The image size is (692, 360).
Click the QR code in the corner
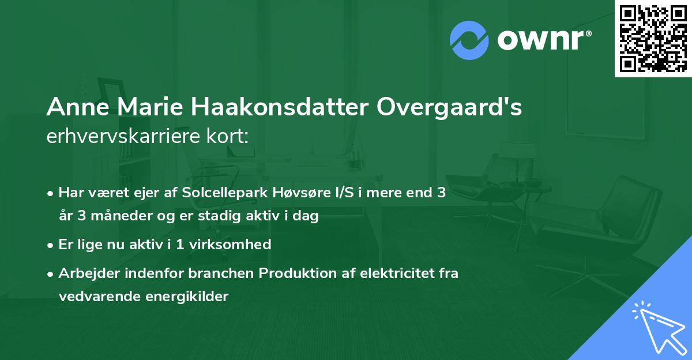tap(653, 39)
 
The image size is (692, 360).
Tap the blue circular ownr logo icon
tap(469, 40)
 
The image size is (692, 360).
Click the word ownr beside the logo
tap(543, 40)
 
